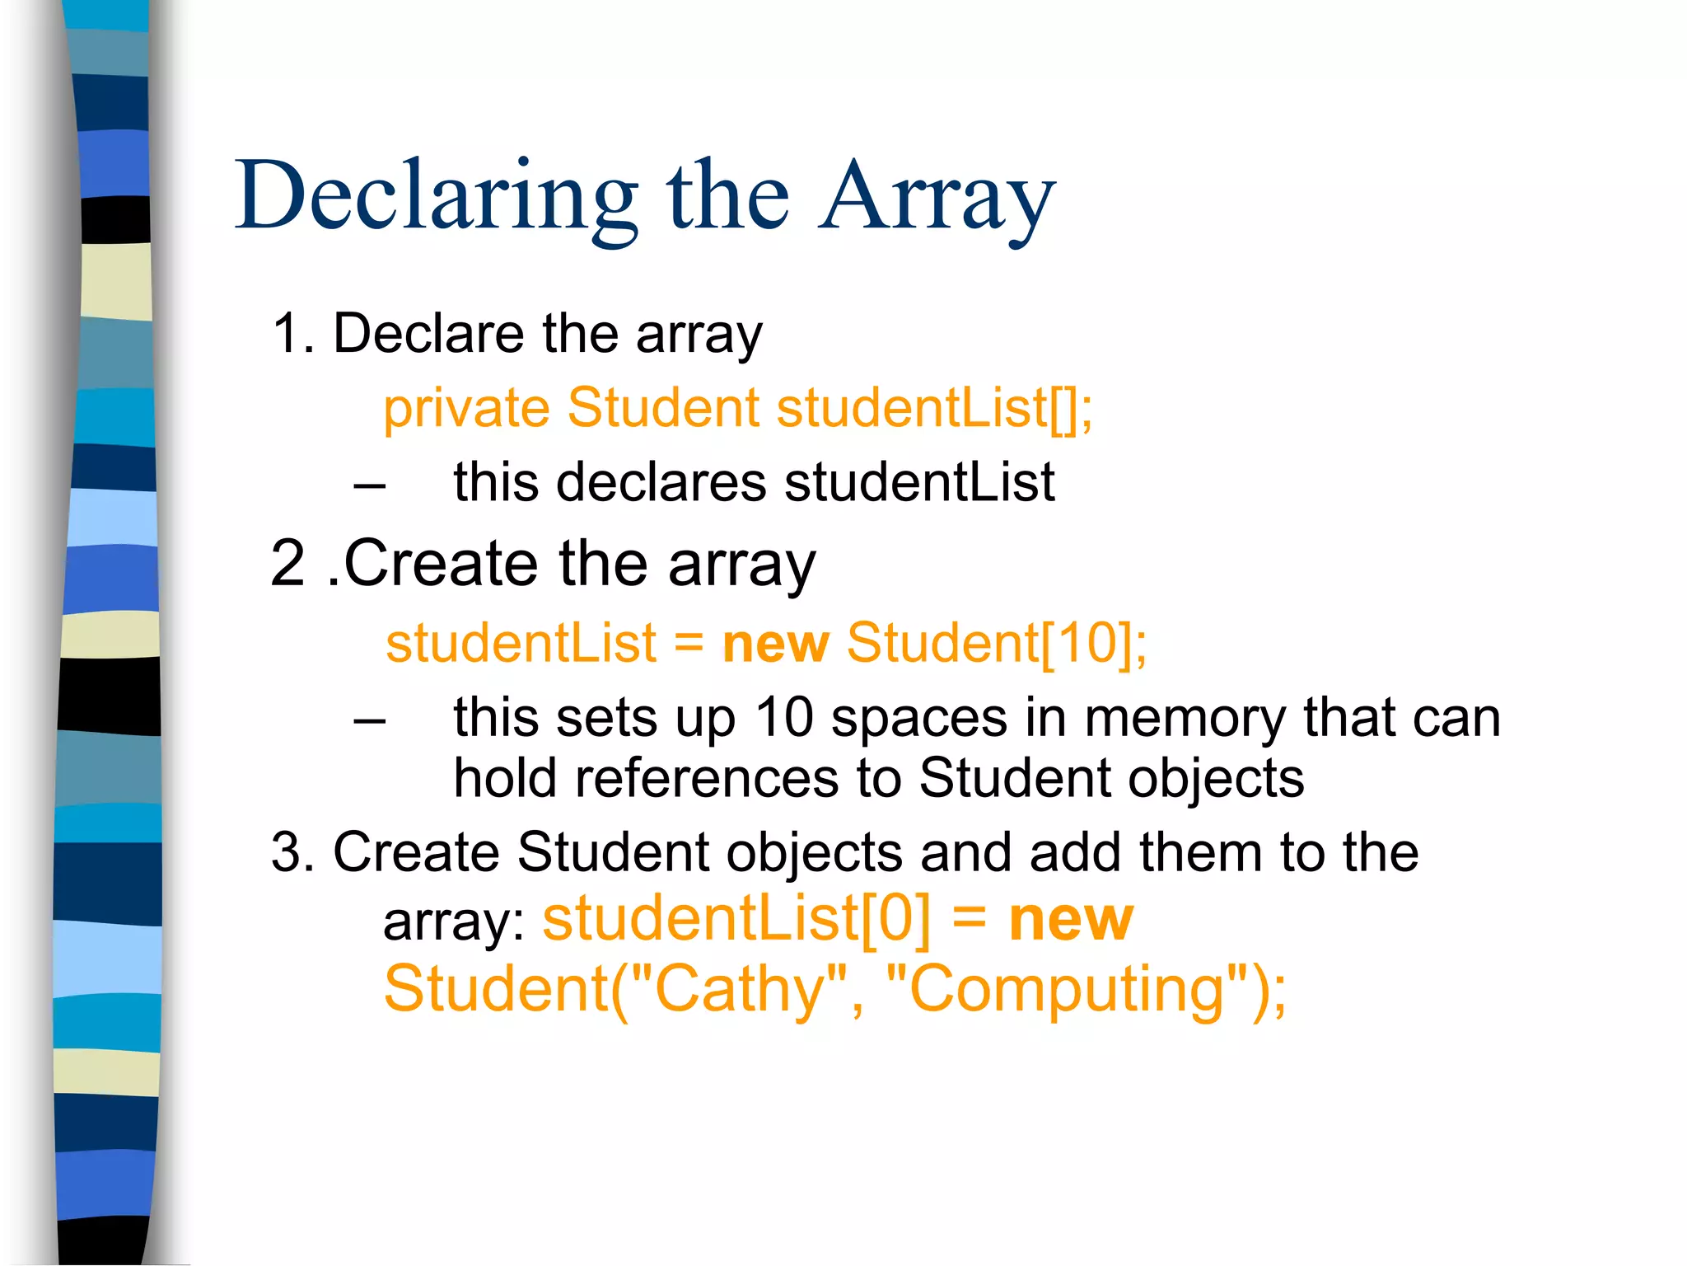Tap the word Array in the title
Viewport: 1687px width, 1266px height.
coord(937,198)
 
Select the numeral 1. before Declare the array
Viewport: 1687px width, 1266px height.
coord(293,334)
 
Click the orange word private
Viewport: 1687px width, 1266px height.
coord(466,408)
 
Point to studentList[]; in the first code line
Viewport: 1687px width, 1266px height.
coord(934,408)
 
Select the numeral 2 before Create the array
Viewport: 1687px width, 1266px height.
coord(287,564)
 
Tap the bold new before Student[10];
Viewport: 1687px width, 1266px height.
coord(775,643)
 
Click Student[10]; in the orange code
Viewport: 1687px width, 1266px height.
coord(997,643)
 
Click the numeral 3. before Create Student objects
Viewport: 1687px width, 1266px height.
coord(293,852)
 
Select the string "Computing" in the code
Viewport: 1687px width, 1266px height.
coord(1066,989)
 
